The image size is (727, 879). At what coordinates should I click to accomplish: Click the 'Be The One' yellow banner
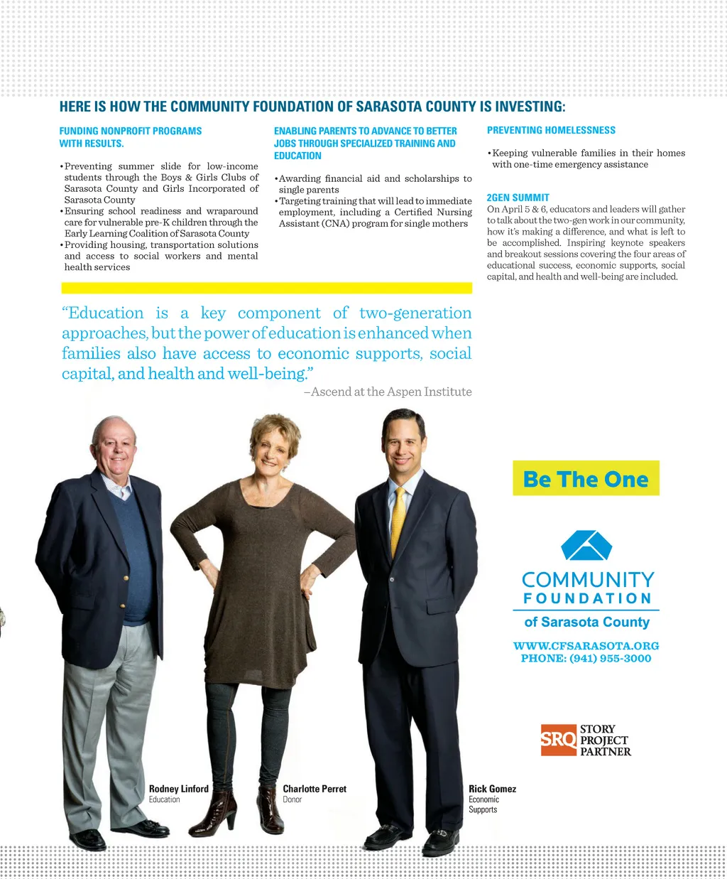[x=586, y=478]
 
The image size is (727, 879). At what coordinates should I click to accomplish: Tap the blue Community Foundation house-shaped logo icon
[x=586, y=546]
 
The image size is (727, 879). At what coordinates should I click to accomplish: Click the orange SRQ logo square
[x=558, y=740]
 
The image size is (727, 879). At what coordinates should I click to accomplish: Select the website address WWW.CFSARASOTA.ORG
[x=586, y=646]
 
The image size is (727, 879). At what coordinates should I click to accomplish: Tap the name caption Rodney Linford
[x=179, y=789]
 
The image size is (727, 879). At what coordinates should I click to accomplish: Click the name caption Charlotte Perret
[x=315, y=789]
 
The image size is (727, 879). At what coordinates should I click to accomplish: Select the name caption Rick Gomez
[x=492, y=789]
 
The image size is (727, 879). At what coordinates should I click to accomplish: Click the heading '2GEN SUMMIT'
[x=518, y=198]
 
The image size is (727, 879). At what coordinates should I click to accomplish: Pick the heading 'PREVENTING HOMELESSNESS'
[x=551, y=130]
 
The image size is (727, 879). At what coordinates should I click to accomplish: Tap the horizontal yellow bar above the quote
[x=266, y=288]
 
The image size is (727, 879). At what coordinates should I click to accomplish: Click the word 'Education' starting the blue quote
[x=105, y=313]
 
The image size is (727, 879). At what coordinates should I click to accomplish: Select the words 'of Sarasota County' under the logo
[x=586, y=622]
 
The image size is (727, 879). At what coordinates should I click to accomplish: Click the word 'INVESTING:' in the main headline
[x=530, y=107]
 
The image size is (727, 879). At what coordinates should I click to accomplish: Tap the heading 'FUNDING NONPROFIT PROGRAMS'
[x=131, y=131]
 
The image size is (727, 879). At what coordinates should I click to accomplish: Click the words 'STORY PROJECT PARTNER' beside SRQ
[x=604, y=740]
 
